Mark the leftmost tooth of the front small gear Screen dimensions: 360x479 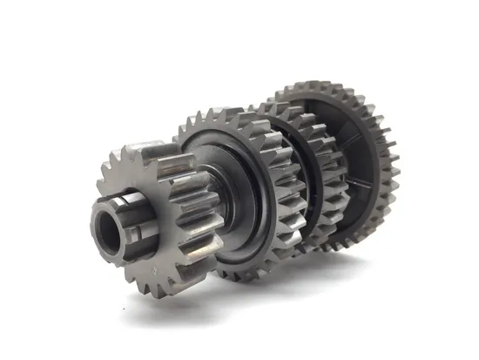point(97,183)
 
